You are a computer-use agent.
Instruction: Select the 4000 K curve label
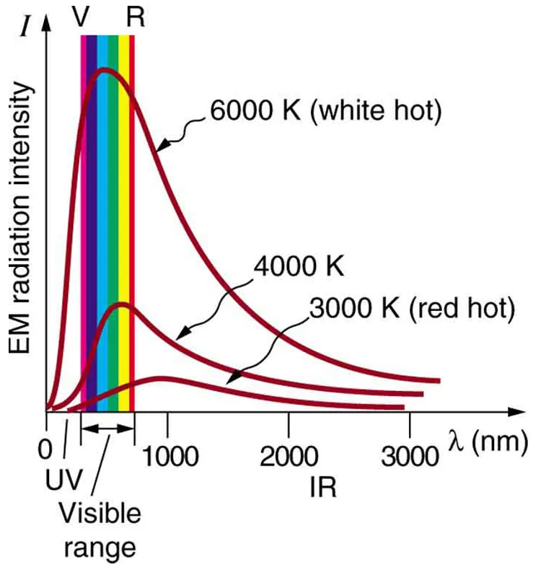click(299, 268)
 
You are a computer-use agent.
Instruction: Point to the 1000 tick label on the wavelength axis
click(168, 457)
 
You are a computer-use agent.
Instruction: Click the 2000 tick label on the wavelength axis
click(289, 457)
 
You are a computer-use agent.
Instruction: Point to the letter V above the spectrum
click(82, 16)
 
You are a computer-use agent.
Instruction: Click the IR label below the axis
click(322, 488)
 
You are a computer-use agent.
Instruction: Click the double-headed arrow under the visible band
click(107, 429)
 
